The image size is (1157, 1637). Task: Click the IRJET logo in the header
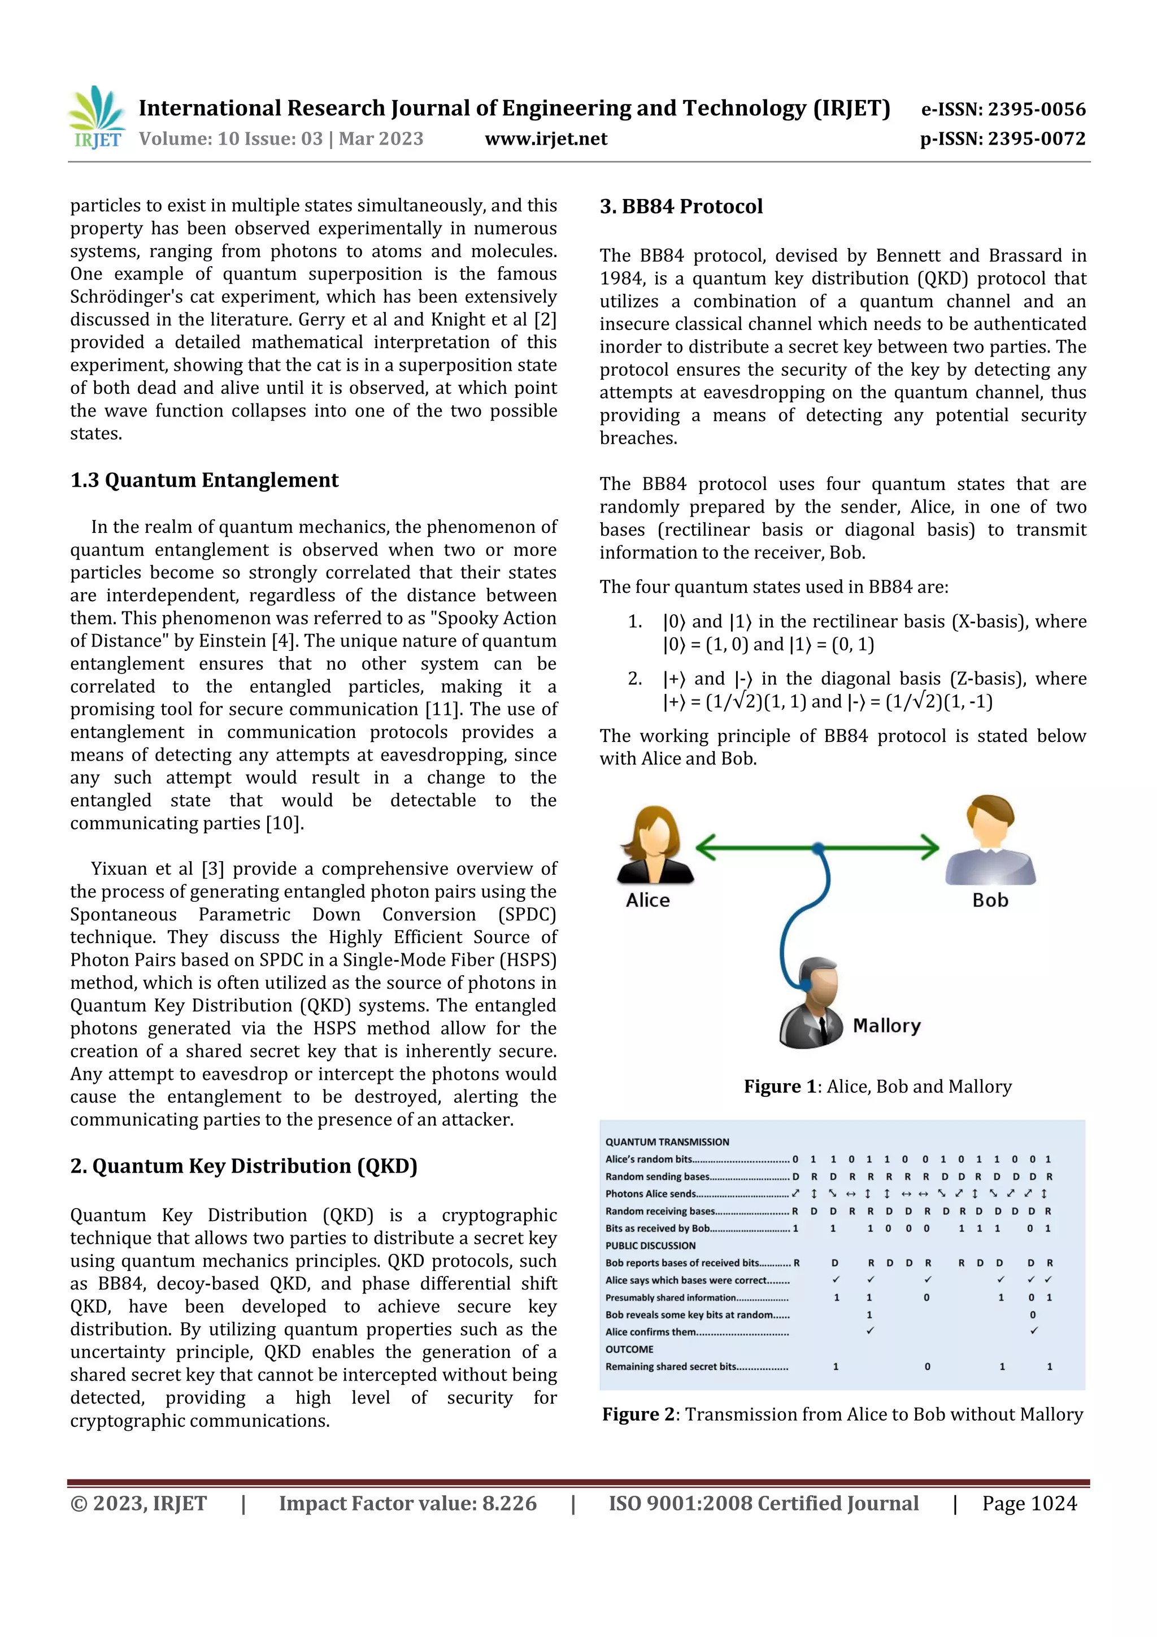pos(96,118)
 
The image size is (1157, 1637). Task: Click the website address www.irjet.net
pos(546,139)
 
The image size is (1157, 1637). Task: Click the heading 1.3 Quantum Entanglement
pos(204,480)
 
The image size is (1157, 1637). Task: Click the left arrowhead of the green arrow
pos(705,847)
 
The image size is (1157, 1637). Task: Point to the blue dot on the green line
pos(819,848)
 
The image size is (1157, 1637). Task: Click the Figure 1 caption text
pos(877,1087)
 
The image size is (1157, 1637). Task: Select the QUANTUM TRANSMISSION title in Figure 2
pos(667,1141)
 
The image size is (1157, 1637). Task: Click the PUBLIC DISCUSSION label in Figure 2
pos(650,1245)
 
